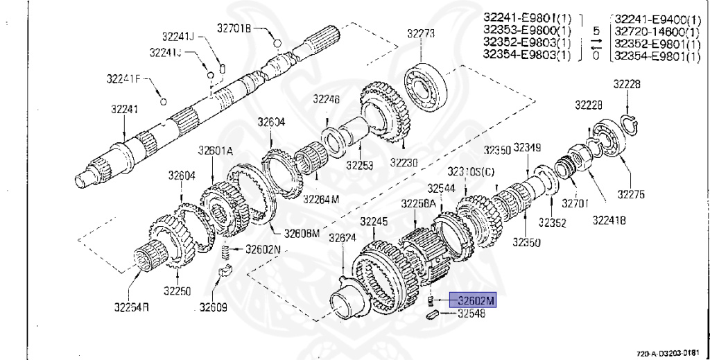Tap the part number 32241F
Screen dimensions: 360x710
(123, 78)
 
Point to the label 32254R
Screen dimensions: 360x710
(131, 306)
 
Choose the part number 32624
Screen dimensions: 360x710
(343, 237)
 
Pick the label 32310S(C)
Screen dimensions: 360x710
(471, 171)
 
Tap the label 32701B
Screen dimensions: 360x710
(234, 28)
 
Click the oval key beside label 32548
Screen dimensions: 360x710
(429, 315)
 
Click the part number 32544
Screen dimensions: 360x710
(440, 188)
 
